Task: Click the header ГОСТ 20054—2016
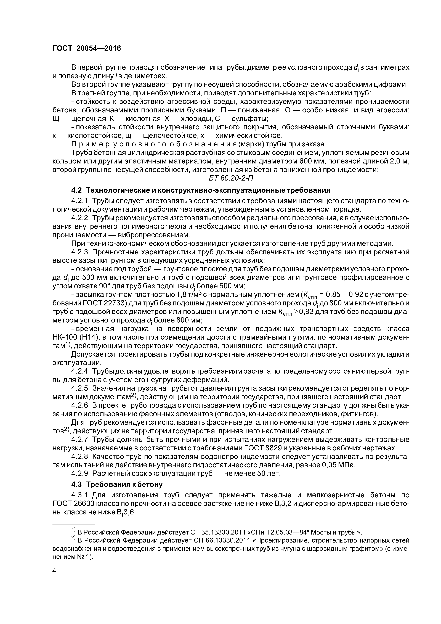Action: click(86, 48)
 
